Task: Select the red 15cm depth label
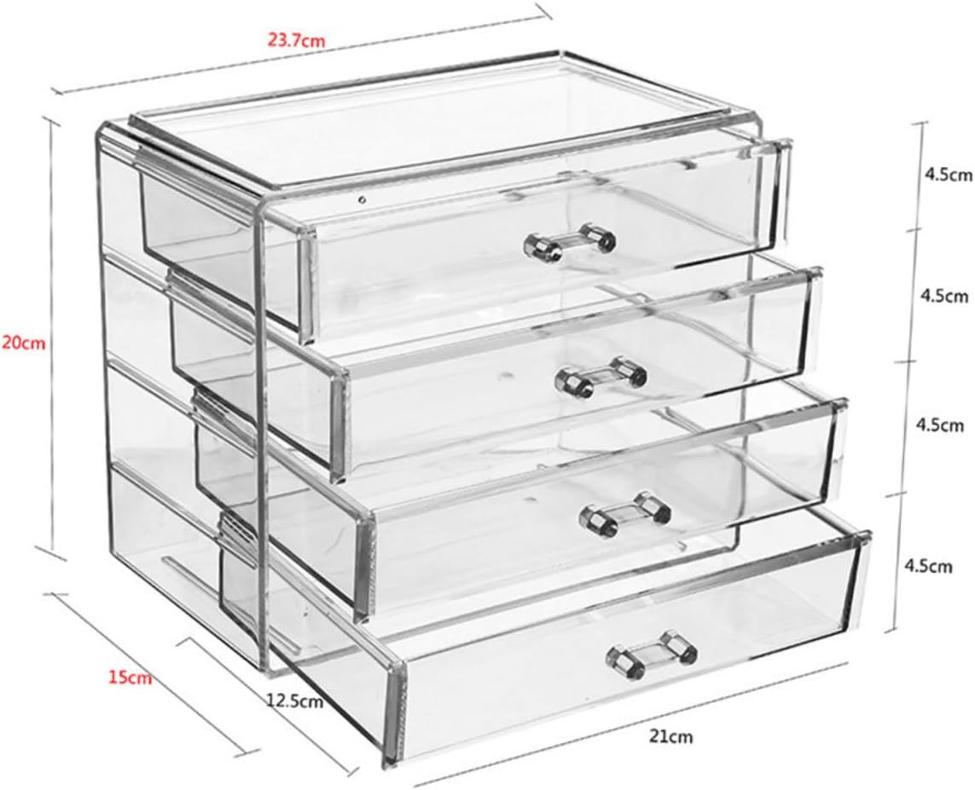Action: click(x=130, y=678)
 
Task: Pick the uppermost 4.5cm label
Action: click(x=946, y=176)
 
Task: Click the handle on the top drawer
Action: click(x=569, y=242)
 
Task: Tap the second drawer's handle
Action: click(x=601, y=375)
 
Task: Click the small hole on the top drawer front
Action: click(x=362, y=201)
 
